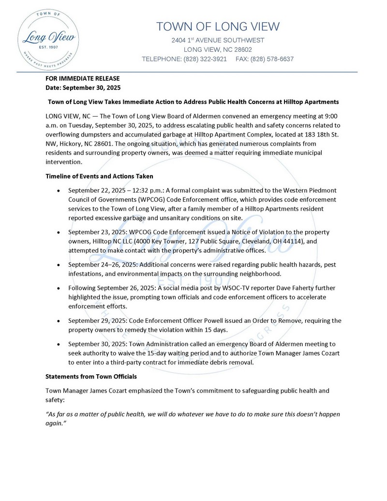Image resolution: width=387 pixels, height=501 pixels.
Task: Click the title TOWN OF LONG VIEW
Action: point(218,27)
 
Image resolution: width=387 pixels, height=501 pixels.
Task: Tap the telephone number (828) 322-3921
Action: point(205,59)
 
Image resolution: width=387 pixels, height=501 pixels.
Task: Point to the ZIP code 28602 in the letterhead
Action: point(243,49)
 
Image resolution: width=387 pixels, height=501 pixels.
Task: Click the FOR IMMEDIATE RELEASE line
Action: point(82,78)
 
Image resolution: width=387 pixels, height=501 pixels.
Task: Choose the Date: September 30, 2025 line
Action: point(83,88)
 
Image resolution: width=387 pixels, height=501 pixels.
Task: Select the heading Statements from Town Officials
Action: point(91,376)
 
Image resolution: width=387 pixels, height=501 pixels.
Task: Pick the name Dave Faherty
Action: point(253,288)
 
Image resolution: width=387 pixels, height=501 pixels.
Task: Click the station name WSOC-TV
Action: point(202,288)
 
